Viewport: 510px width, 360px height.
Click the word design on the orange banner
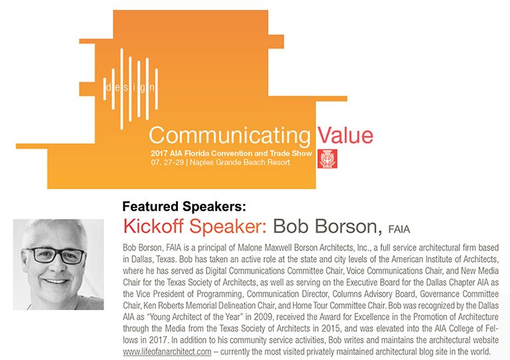(131, 88)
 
